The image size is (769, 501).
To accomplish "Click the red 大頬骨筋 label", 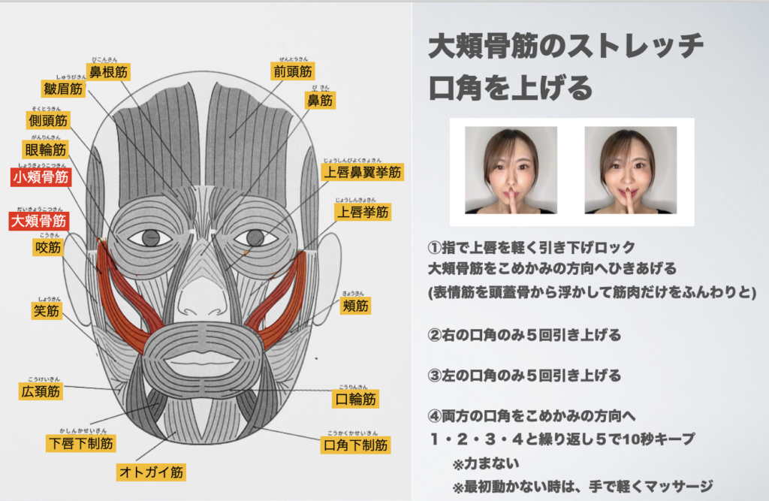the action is point(39,221).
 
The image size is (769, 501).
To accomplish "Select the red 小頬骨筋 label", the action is point(41,177).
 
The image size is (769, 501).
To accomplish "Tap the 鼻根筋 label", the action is point(108,72).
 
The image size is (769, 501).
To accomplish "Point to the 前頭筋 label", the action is point(293,71).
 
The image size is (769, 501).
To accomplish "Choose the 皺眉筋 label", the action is point(63,89).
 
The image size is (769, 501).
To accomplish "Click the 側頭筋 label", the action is point(48,120).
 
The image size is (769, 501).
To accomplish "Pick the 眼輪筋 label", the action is point(45,149).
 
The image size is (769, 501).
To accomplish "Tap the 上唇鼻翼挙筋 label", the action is point(363,172).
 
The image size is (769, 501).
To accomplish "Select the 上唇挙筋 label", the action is point(363,212).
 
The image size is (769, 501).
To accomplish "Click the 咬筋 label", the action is point(48,247).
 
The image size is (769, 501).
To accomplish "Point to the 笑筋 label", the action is point(46,311).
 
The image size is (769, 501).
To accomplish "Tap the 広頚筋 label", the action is point(41,391).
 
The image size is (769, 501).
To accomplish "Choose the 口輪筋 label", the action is point(355,399).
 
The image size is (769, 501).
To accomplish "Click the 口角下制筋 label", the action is point(355,445).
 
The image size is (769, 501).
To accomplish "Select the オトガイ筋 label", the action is point(151,472).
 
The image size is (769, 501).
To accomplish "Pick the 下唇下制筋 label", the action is point(81,443).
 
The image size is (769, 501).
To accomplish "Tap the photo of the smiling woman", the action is point(631,171).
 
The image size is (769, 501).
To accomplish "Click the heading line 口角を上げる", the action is point(511,89).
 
